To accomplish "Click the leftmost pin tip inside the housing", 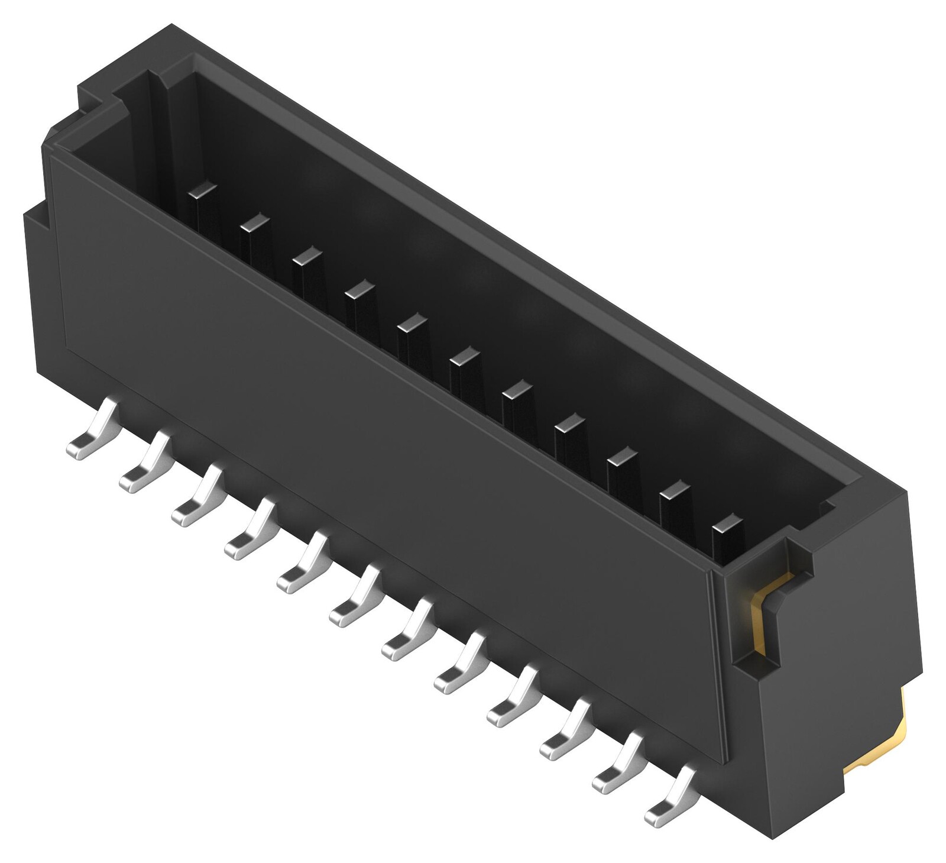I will point(202,190).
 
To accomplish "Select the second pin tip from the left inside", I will point(255,223).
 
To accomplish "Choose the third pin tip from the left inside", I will point(307,256).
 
